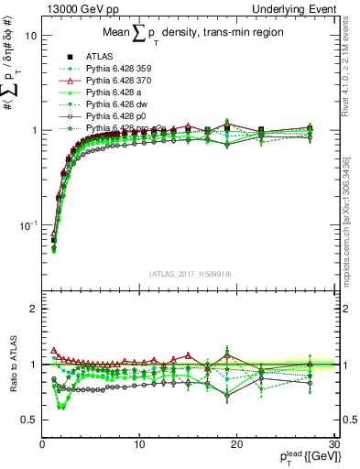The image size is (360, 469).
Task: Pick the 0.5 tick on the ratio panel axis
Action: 30,420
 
